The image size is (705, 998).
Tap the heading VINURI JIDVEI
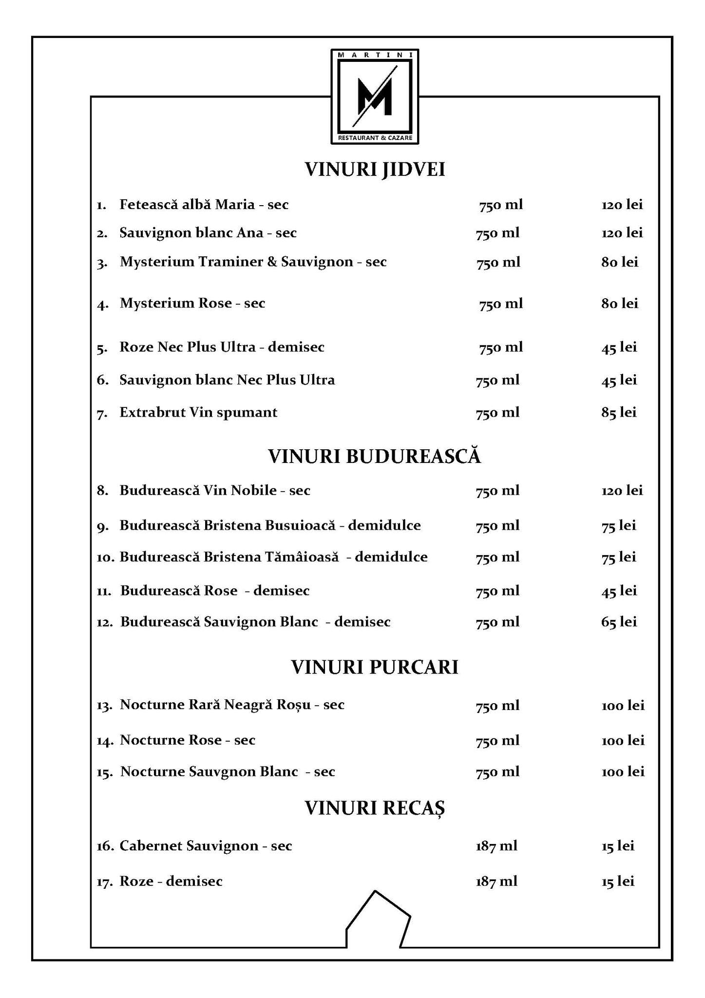(x=375, y=170)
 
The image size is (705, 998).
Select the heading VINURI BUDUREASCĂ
(x=374, y=456)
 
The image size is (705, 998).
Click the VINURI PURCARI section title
(x=374, y=667)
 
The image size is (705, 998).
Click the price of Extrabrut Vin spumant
(x=619, y=413)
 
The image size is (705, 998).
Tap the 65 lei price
(x=619, y=622)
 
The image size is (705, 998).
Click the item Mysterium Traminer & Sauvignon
(x=253, y=262)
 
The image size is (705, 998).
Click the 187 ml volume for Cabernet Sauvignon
(x=496, y=845)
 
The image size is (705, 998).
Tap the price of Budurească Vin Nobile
(x=622, y=490)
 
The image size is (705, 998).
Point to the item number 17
(x=105, y=882)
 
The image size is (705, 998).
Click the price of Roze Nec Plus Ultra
(x=619, y=347)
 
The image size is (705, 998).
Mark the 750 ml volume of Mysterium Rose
(x=500, y=304)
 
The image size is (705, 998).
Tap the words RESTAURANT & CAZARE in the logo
(x=375, y=138)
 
